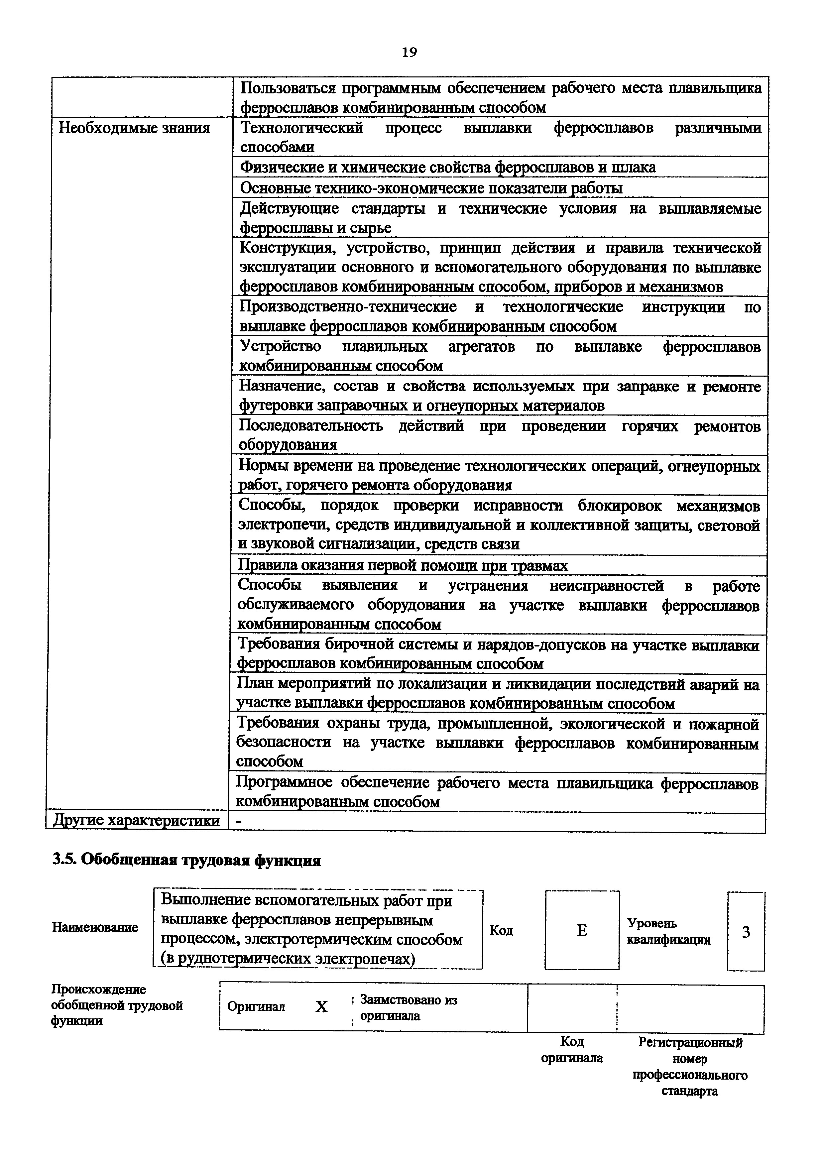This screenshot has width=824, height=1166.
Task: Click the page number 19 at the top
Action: coord(409,52)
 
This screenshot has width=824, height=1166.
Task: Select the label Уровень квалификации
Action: coord(669,931)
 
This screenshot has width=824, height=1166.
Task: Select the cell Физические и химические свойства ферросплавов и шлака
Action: coord(447,167)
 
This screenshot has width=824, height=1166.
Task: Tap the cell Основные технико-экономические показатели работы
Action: coord(431,188)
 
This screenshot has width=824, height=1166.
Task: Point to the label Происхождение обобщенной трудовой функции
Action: coord(116,1005)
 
